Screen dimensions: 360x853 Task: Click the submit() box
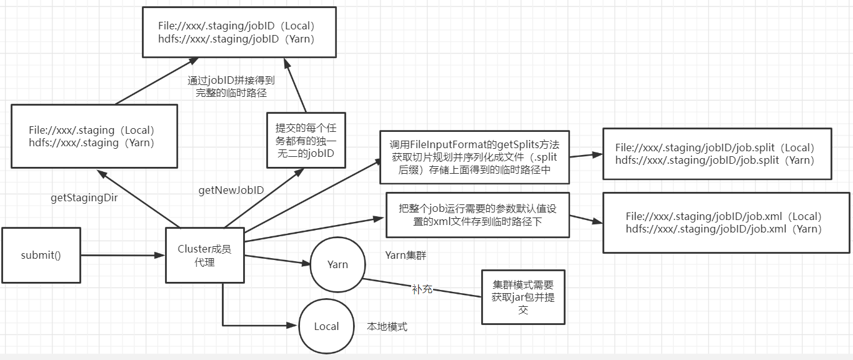pyautogui.click(x=41, y=255)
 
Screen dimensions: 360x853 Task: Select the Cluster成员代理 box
pyautogui.click(x=204, y=255)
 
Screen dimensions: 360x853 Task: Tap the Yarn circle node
pyautogui.click(x=337, y=264)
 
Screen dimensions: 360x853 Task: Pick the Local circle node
pyautogui.click(x=326, y=326)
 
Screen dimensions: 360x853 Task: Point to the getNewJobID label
pyautogui.click(x=231, y=190)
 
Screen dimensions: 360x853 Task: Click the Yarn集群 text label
pyautogui.click(x=406, y=255)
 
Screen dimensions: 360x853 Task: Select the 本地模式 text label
pyautogui.click(x=387, y=326)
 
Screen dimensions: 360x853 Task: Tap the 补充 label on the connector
pyautogui.click(x=422, y=289)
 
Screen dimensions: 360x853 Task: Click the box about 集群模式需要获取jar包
pyautogui.click(x=522, y=296)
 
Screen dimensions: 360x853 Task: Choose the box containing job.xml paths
pyautogui.click(x=723, y=222)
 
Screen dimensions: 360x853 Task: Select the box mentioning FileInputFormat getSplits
pyautogui.click(x=474, y=157)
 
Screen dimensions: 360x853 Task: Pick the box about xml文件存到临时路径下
pyautogui.click(x=477, y=215)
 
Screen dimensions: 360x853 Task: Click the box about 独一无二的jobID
pyautogui.click(x=306, y=141)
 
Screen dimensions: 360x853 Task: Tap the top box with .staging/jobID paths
pyautogui.click(x=238, y=32)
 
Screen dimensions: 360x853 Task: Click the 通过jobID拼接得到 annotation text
pyautogui.click(x=231, y=87)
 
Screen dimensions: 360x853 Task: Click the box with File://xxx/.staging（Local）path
pyautogui.click(x=94, y=136)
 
